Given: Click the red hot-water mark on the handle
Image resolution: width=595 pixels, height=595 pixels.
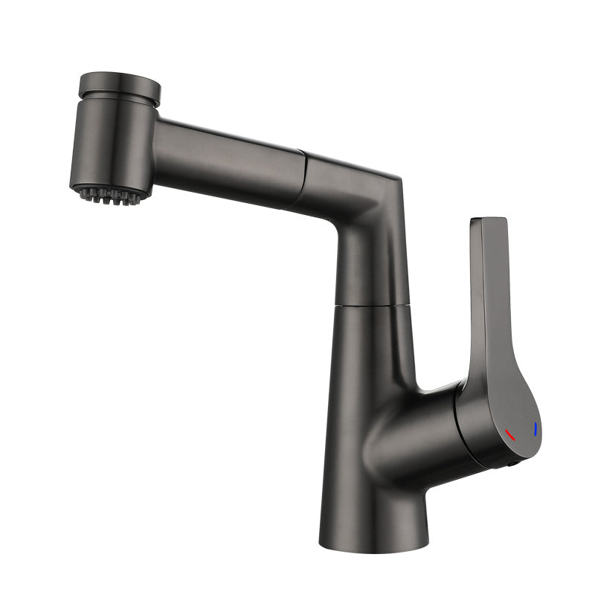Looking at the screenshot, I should coord(509,434).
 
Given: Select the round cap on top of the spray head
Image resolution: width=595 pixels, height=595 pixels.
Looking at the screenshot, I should coord(119,86).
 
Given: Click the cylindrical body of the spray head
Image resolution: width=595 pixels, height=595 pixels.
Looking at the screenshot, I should coord(112,145).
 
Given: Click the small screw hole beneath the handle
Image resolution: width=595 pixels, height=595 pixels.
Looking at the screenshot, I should coord(512,462).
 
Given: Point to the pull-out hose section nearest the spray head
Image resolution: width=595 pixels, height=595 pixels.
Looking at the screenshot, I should coord(223,160).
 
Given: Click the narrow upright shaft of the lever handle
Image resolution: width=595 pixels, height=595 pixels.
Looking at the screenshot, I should coord(491,297).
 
